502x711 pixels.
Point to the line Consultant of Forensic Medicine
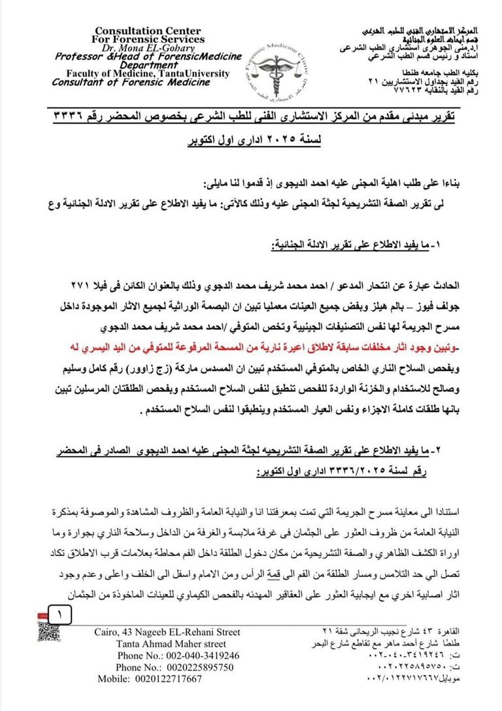click(x=131, y=82)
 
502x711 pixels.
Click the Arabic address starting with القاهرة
click(x=399, y=632)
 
